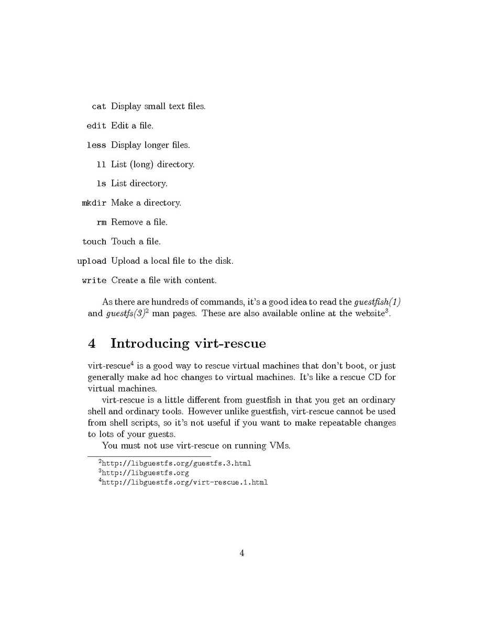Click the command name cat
pyautogui.click(x=98, y=107)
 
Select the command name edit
pyautogui.click(x=96, y=126)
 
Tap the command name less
pyautogui.click(x=96, y=145)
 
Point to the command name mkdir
pyautogui.click(x=94, y=203)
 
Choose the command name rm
pyautogui.click(x=102, y=222)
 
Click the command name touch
pyautogui.click(x=94, y=242)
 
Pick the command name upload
pyautogui.click(x=92, y=261)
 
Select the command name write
pyautogui.click(x=94, y=281)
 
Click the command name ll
pyautogui.click(x=102, y=165)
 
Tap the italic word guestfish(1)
pyautogui.click(x=377, y=302)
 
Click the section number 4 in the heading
pyautogui.click(x=92, y=344)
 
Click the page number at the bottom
pyautogui.click(x=242, y=553)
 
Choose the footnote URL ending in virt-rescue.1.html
pyautogui.click(x=184, y=482)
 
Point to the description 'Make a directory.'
pyautogui.click(x=146, y=203)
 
